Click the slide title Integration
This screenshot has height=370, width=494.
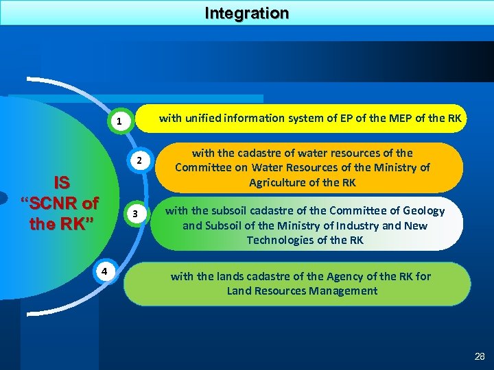point(247,13)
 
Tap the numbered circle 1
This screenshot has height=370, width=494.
point(119,123)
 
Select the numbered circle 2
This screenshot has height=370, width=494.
point(138,162)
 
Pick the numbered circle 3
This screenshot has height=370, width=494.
point(137,214)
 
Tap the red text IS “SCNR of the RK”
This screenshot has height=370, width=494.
point(61,203)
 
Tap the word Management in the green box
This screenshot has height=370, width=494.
point(341,291)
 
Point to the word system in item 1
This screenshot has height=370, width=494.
point(306,118)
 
